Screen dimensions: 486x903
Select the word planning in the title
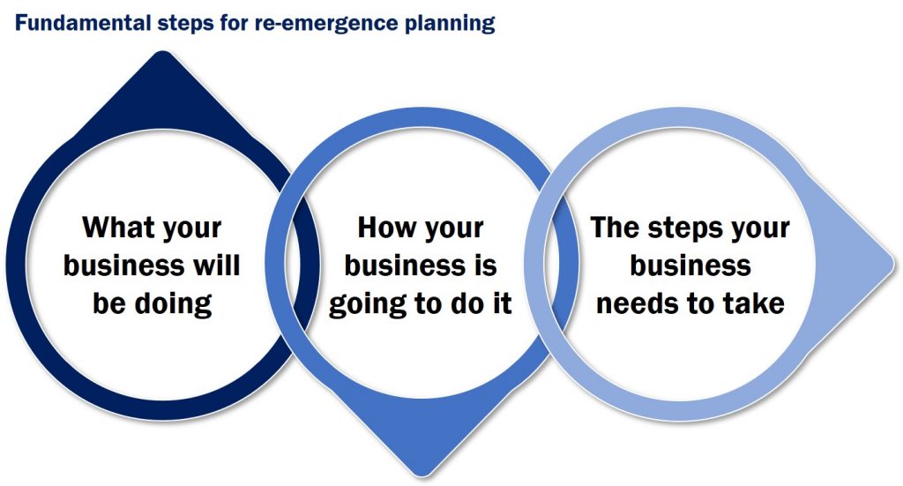[x=448, y=24]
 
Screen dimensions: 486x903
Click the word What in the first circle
[x=118, y=228]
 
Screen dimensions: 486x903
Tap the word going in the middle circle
[x=369, y=303]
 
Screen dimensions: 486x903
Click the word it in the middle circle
[x=500, y=303]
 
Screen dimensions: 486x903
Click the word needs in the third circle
[x=641, y=303]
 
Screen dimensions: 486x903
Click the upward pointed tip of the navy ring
[x=160, y=58]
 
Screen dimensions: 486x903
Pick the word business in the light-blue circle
[x=690, y=265]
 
